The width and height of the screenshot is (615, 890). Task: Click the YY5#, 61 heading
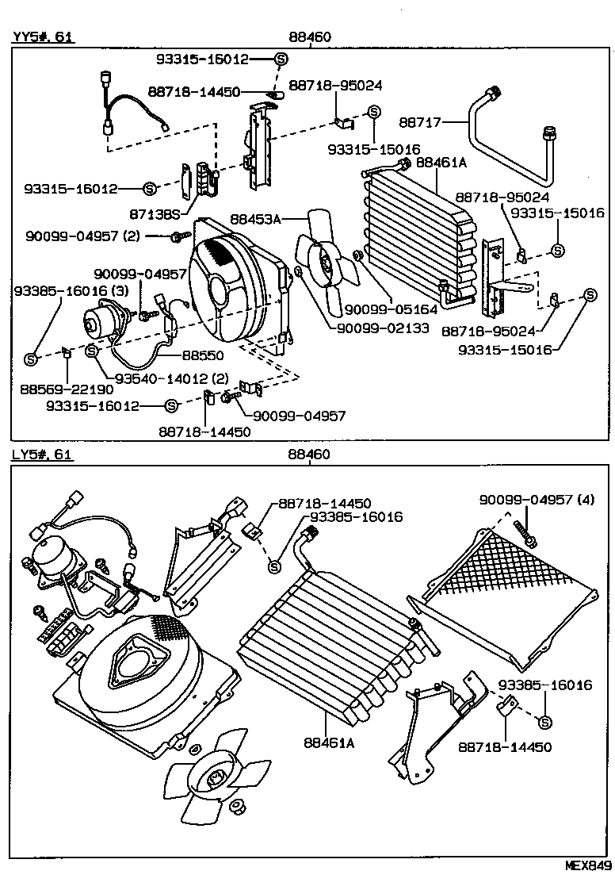42,36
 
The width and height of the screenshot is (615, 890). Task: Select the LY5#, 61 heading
41,455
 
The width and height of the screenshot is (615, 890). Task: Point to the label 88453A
256,217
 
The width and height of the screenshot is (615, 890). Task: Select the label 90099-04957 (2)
94,236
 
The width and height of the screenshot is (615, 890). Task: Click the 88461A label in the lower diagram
328,742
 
